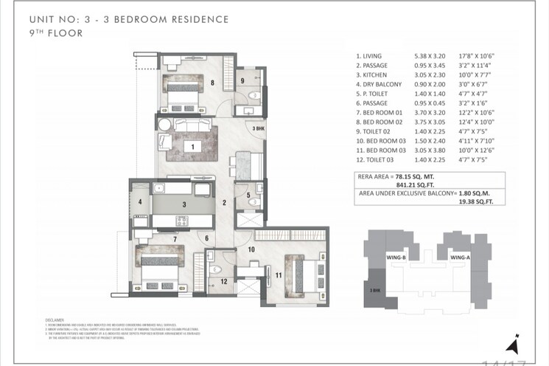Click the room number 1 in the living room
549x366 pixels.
(192, 148)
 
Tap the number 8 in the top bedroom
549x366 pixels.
(212, 83)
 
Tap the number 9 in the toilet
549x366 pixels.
(242, 80)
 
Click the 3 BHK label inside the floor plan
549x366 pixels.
(258, 128)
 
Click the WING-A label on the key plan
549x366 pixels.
(459, 258)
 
